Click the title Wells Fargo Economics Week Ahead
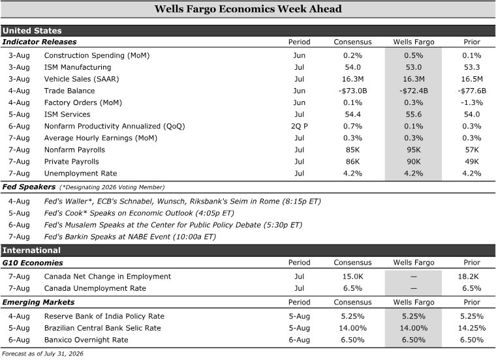point(248,9)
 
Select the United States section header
point(32,31)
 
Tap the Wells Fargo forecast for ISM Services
point(413,114)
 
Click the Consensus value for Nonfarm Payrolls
point(352,150)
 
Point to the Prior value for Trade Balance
point(472,91)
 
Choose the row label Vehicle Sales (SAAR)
point(82,79)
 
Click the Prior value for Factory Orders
point(472,103)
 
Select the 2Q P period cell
point(300,127)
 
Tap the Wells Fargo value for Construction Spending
point(413,55)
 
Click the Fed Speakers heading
point(29,187)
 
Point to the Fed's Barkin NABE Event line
point(130,237)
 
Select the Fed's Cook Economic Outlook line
point(139,213)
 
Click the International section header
point(31,250)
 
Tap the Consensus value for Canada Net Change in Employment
point(352,277)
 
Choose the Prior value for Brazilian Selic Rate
point(472,328)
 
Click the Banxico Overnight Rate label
point(86,340)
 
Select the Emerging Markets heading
point(39,302)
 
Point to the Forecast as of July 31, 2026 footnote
point(42,353)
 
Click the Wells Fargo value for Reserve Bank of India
point(413,316)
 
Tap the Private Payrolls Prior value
point(472,162)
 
